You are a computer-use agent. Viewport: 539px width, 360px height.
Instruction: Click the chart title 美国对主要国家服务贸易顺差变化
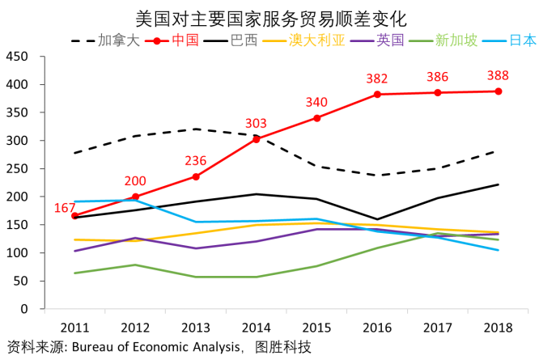click(x=269, y=17)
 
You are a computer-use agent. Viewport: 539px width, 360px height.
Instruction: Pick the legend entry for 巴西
click(x=244, y=40)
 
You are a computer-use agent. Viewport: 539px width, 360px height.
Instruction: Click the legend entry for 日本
click(x=522, y=40)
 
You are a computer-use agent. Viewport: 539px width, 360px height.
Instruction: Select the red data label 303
click(x=256, y=123)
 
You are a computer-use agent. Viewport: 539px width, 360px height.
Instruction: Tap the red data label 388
click(x=499, y=76)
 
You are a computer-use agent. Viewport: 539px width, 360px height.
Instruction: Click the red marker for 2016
click(x=377, y=95)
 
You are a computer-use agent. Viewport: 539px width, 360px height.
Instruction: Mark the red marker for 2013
click(x=196, y=176)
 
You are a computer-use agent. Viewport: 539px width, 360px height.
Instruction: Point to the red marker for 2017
click(x=438, y=92)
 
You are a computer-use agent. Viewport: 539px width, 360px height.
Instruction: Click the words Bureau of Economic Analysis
click(x=155, y=347)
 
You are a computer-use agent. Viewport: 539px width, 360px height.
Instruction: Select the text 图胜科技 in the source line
click(x=282, y=347)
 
